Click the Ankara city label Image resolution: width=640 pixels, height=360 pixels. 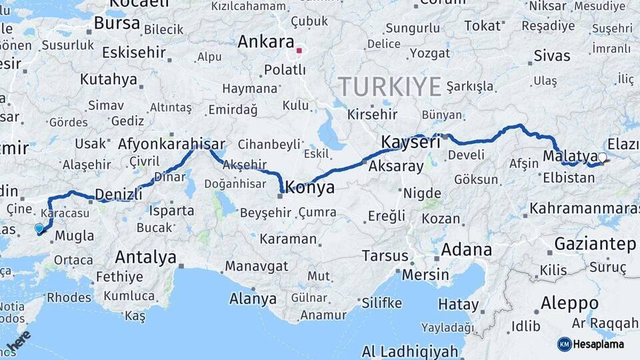pos(265,42)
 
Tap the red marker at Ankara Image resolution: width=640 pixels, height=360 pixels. pos(300,50)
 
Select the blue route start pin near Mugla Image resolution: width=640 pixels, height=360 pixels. pos(39,229)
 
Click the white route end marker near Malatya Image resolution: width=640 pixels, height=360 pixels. pos(602,158)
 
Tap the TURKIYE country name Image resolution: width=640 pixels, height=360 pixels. pos(390,87)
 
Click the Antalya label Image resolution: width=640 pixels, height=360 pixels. pos(145,257)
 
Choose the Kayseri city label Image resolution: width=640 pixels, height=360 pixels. pos(411,142)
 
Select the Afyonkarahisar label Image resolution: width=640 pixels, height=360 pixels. pos(172,143)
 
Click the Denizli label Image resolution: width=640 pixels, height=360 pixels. pos(119,194)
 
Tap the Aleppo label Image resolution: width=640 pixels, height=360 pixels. pos(569,303)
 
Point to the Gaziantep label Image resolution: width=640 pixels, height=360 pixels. pos(595,244)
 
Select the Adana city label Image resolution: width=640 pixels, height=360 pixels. pos(467,251)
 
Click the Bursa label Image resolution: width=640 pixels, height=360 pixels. pos(117,24)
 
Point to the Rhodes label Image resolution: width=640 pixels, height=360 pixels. pos(69,297)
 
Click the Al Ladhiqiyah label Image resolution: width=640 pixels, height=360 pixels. pos(410,351)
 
